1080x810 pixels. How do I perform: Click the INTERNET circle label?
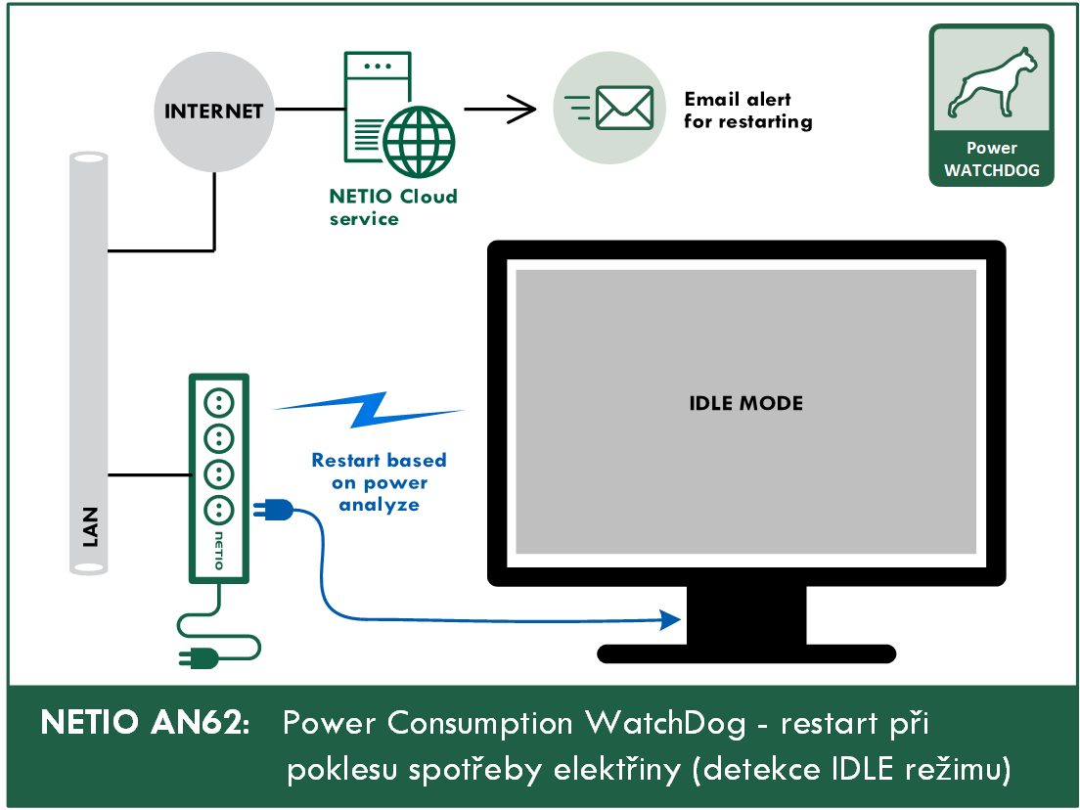coord(213,112)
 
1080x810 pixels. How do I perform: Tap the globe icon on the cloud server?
coord(419,141)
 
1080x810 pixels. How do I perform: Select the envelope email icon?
coord(624,109)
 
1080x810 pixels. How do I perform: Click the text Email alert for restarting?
coord(747,111)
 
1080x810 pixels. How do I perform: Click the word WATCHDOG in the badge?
coord(992,170)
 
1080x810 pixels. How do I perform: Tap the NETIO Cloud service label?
coord(392,207)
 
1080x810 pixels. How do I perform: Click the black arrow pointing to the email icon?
coord(500,109)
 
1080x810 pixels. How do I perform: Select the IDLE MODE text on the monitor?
coord(746,404)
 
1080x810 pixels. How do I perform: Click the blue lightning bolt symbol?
coord(369,410)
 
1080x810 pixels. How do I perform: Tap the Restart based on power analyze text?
coord(379,482)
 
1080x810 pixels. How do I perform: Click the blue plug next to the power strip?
coord(274,511)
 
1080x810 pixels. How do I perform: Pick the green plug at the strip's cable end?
coord(199,658)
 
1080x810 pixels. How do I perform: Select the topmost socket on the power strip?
coord(219,403)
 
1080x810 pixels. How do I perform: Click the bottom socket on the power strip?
coord(219,510)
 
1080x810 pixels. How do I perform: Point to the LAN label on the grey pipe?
coord(90,527)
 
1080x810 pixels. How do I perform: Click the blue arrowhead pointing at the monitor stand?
coord(670,620)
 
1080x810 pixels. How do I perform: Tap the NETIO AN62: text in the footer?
coord(146,723)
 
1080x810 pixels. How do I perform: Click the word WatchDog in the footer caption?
coord(665,723)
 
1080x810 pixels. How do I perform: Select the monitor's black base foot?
coord(746,653)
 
